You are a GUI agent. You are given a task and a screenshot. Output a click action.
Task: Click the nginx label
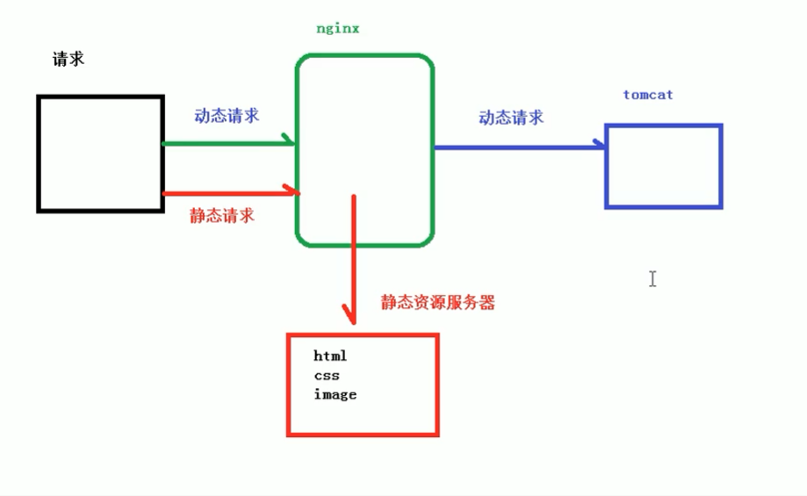click(x=338, y=29)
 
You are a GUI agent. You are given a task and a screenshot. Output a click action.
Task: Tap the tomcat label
click(x=648, y=94)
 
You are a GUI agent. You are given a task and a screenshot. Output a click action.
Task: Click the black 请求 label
click(x=68, y=60)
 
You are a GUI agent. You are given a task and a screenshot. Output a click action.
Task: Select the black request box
click(x=100, y=154)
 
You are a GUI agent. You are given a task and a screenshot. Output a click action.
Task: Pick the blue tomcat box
click(x=664, y=167)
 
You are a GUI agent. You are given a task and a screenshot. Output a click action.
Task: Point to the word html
click(x=331, y=356)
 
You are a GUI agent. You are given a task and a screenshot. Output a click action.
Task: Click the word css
click(x=327, y=376)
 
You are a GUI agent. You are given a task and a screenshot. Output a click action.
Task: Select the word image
click(x=335, y=395)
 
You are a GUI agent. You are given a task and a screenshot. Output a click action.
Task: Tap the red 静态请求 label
click(x=222, y=215)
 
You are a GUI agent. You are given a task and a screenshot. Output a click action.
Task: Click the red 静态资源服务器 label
click(x=437, y=303)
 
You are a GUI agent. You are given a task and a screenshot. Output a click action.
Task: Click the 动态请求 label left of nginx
click(x=227, y=116)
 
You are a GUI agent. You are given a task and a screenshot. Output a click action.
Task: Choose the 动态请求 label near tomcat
click(x=511, y=117)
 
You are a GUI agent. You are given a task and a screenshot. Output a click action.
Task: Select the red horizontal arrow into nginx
click(x=228, y=190)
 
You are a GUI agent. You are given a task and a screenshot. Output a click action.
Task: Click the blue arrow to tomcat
click(x=518, y=147)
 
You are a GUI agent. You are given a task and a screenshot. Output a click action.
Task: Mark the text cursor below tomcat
click(x=652, y=278)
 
